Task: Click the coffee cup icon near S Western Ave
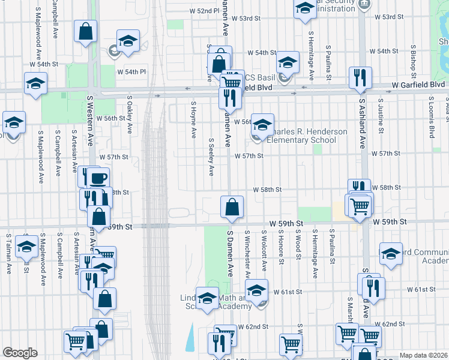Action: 98,178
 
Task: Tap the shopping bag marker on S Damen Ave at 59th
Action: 232,208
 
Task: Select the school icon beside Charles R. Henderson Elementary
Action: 262,125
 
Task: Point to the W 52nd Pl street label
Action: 205,11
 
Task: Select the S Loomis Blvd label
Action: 431,118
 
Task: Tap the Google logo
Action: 20,353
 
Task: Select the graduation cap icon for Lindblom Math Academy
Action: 208,298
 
